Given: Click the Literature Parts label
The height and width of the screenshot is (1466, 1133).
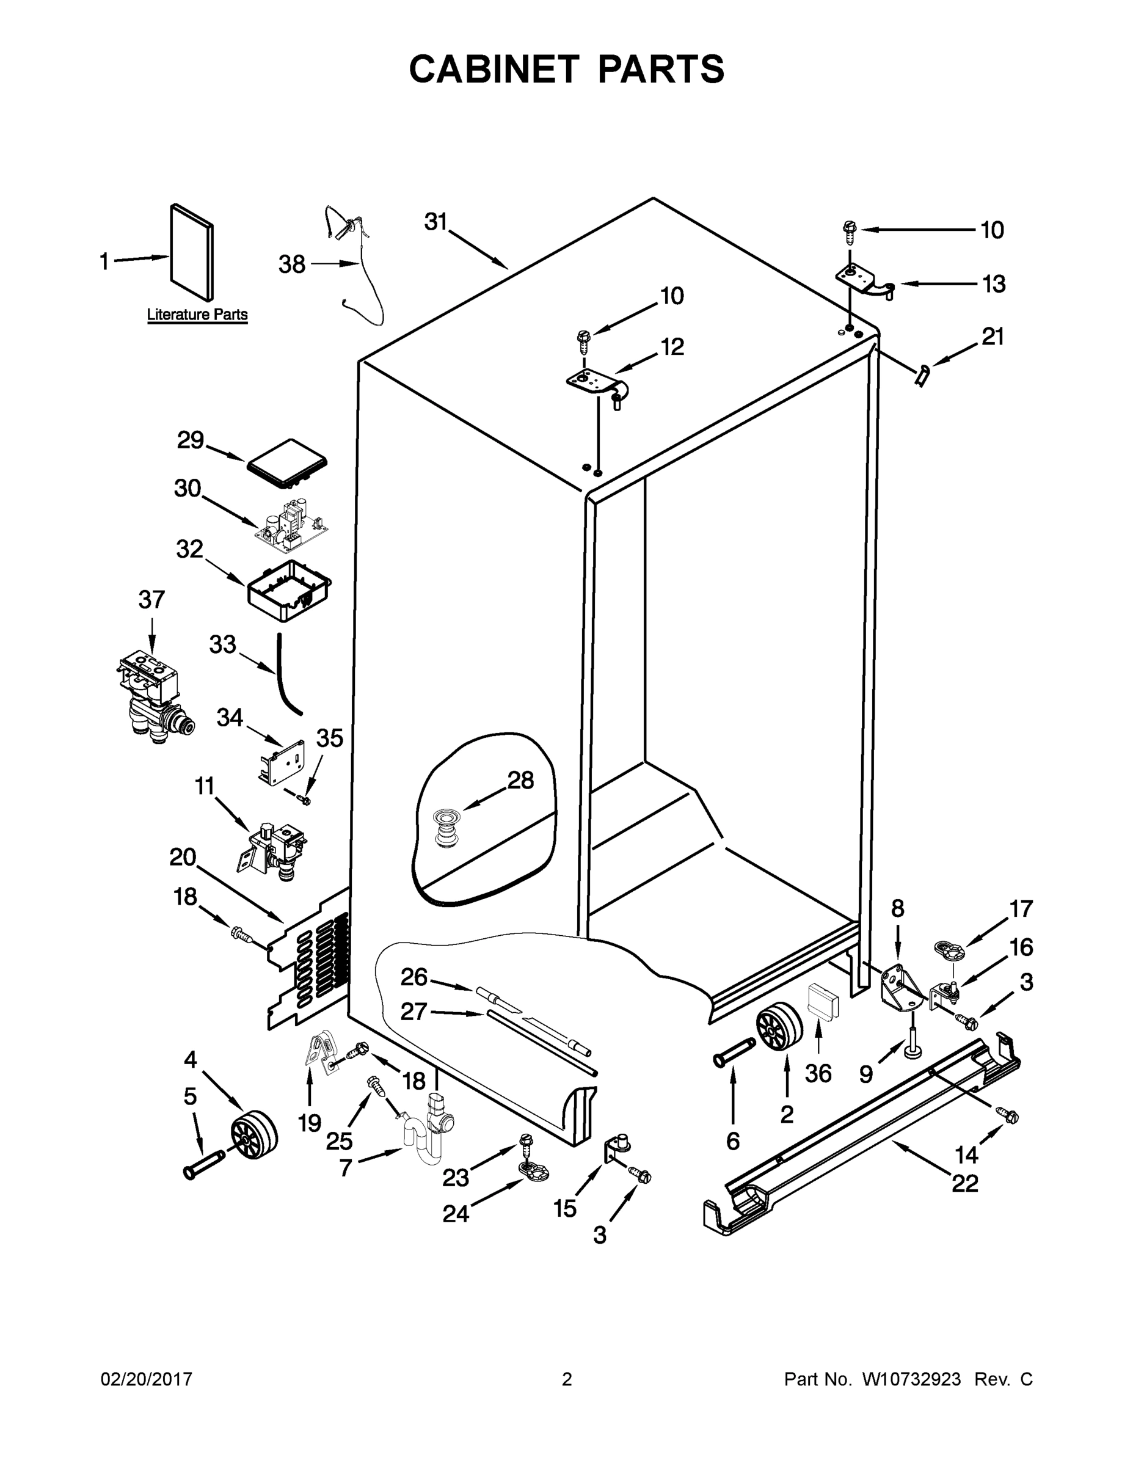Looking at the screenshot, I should click(197, 314).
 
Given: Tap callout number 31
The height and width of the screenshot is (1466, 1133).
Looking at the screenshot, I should click(435, 222).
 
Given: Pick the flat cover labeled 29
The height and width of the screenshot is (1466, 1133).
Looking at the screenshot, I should click(287, 462).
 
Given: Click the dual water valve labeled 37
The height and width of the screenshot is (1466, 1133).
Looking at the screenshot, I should click(153, 698).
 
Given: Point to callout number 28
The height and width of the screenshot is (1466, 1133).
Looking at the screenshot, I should click(520, 780).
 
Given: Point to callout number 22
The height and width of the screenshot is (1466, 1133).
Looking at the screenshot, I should click(964, 1183).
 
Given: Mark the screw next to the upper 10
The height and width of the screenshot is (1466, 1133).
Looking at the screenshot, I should click(849, 230).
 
